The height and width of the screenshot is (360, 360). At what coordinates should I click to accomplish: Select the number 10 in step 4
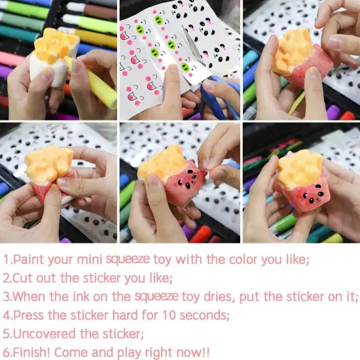[176, 315]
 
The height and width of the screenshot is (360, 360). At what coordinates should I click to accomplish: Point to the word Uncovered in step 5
[47, 334]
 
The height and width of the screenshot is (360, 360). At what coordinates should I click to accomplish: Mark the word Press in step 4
[32, 315]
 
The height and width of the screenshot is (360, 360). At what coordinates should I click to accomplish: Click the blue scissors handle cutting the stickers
[226, 98]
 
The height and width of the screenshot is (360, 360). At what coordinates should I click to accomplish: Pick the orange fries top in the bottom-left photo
[48, 164]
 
